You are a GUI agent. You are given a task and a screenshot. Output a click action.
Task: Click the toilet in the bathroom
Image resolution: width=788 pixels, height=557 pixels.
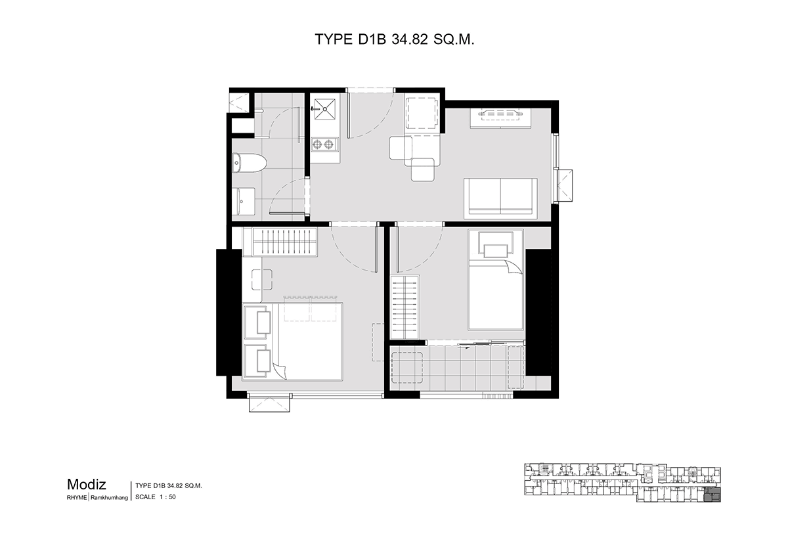pyautogui.click(x=250, y=163)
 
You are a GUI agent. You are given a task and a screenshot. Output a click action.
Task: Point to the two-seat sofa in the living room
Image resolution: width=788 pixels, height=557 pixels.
pyautogui.click(x=500, y=198)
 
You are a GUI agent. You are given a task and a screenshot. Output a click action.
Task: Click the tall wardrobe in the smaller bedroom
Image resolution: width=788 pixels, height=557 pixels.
pyautogui.click(x=405, y=307)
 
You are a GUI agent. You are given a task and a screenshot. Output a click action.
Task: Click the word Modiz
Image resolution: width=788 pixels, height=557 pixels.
pyautogui.click(x=86, y=485)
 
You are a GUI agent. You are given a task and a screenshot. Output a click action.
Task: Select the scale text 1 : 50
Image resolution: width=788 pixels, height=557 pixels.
pyautogui.click(x=167, y=497)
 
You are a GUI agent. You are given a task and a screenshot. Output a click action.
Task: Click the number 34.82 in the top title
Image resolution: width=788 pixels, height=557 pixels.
pyautogui.click(x=410, y=39)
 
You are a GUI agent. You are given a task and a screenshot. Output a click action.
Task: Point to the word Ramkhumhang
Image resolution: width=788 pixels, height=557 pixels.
pyautogui.click(x=110, y=498)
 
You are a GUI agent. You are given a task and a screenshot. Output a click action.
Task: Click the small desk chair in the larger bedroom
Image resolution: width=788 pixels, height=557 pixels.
pyautogui.click(x=262, y=279)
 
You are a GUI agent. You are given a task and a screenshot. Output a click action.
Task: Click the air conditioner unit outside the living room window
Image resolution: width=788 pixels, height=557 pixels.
pyautogui.click(x=563, y=185)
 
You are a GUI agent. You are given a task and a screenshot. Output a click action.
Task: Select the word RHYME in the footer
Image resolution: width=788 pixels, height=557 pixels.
pyautogui.click(x=77, y=497)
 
